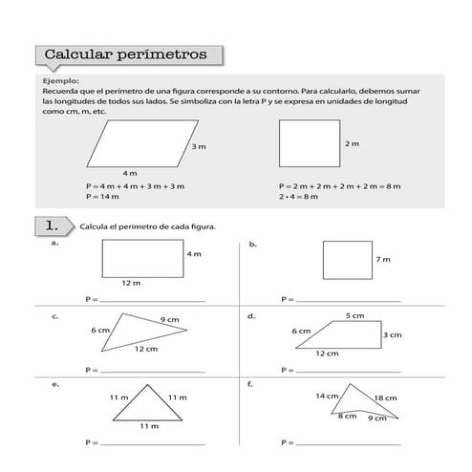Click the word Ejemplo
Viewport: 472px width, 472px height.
(60, 81)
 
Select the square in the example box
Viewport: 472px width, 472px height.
(309, 143)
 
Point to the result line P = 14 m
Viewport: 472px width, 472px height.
(101, 196)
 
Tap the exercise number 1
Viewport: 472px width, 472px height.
(53, 225)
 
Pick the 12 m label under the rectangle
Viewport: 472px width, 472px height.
(131, 284)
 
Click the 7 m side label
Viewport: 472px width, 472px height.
(383, 259)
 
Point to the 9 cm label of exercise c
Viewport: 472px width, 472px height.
(170, 319)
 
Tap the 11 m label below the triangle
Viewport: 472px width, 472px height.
(148, 425)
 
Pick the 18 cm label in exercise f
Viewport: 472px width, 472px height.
(385, 397)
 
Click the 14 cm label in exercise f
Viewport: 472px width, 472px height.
(327, 396)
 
